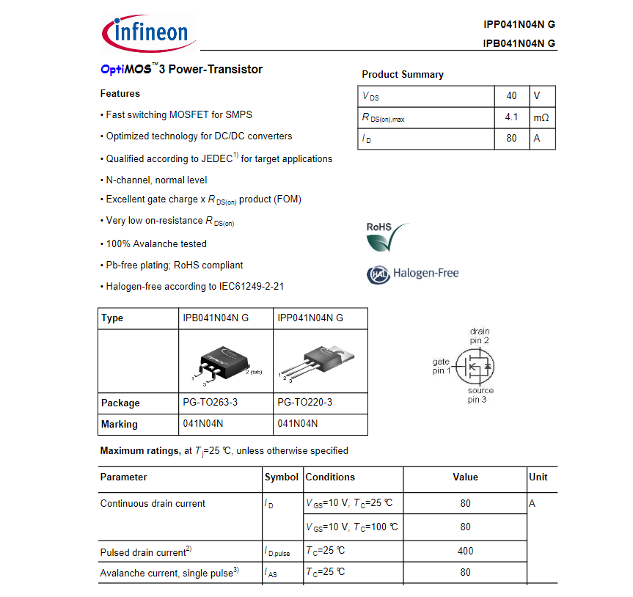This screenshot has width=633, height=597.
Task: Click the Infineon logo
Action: pyautogui.click(x=145, y=32)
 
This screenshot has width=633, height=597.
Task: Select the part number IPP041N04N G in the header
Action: pyautogui.click(x=519, y=24)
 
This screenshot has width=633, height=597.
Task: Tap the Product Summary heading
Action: pyautogui.click(x=403, y=75)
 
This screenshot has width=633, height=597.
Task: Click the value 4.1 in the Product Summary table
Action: pyautogui.click(x=511, y=117)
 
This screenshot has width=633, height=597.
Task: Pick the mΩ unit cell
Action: pyautogui.click(x=541, y=117)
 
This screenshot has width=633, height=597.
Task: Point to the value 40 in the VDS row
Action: pyautogui.click(x=511, y=96)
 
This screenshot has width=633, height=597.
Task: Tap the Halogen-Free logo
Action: pyautogui.click(x=412, y=274)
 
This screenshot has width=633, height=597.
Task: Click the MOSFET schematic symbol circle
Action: pyautogui.click(x=475, y=365)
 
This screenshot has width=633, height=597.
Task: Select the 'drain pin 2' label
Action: pyautogui.click(x=480, y=336)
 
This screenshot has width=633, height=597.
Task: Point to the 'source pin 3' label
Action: pyautogui.click(x=480, y=395)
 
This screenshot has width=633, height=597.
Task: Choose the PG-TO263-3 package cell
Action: pyautogui.click(x=210, y=403)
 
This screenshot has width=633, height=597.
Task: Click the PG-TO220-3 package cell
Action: pyautogui.click(x=304, y=403)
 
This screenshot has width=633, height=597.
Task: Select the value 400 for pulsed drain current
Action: pyautogui.click(x=465, y=551)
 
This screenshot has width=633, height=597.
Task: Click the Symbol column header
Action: pyautogui.click(x=282, y=477)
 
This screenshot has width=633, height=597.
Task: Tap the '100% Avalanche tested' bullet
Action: pyautogui.click(x=156, y=243)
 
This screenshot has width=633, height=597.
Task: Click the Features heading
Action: pyautogui.click(x=120, y=94)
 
